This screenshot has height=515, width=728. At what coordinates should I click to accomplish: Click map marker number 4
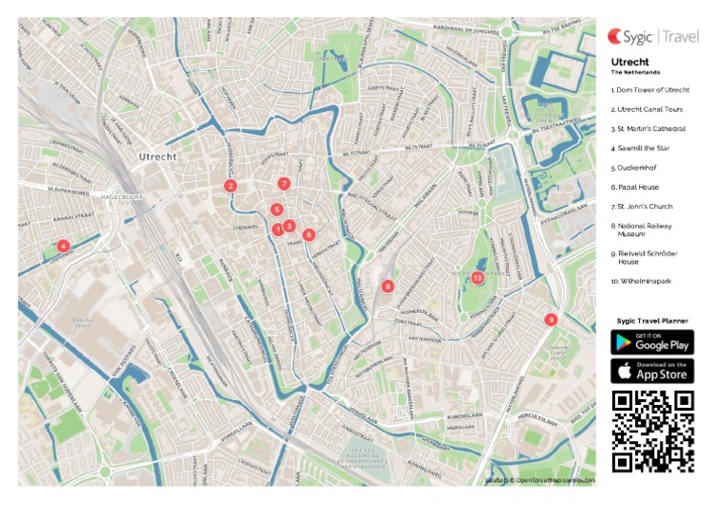63,247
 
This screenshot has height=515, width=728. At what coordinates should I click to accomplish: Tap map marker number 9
551,320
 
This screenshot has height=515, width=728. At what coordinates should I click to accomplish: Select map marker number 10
478,278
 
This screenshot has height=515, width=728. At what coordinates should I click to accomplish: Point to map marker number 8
388,285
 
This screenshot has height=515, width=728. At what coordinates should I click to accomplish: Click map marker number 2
230,186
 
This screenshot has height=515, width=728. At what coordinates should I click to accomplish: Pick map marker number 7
283,183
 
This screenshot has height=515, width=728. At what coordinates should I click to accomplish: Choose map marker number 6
309,234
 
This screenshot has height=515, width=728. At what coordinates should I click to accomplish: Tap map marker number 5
277,210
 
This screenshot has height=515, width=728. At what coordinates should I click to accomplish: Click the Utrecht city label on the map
156,156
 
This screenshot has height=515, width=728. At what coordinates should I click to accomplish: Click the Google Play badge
652,342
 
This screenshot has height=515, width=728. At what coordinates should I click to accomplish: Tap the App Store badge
652,371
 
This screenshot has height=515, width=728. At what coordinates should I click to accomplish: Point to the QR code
652,431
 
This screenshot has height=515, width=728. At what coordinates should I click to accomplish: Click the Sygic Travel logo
653,37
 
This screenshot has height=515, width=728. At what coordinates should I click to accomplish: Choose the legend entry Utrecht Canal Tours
648,109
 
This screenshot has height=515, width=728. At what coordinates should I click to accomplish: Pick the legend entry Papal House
636,187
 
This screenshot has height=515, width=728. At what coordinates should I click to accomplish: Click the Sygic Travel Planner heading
652,322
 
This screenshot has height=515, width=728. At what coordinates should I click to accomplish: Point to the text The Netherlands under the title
635,72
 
